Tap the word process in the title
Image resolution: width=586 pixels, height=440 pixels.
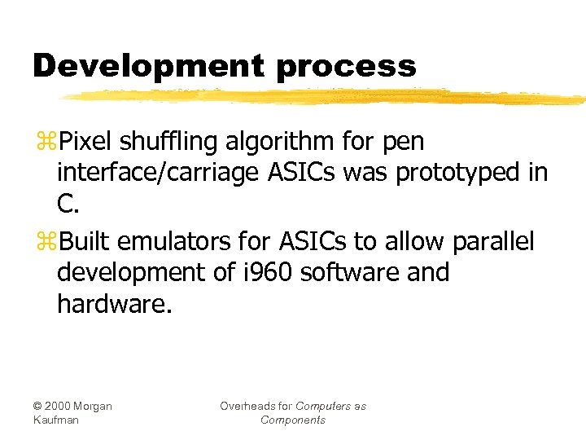click(346, 67)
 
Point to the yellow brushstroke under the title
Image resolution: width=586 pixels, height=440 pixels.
click(326, 97)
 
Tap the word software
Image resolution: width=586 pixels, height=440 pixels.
click(351, 272)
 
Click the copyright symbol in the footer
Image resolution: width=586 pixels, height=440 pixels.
click(38, 406)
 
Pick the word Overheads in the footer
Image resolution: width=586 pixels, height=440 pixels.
click(247, 406)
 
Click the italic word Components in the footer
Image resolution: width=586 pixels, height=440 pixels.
click(293, 420)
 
